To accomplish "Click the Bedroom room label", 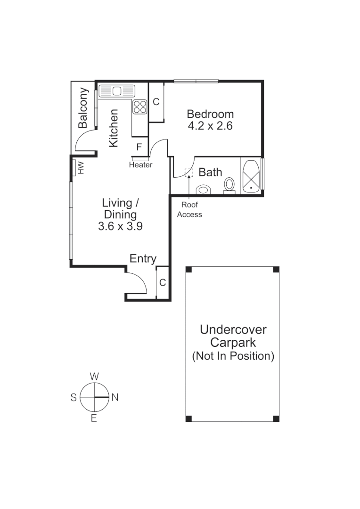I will coord(210,114).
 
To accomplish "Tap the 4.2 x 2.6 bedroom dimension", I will coord(210,126).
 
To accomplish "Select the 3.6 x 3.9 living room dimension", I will coord(120,226).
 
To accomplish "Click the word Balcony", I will coord(83,108).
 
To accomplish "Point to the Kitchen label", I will coord(114,128).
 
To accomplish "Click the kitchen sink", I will coord(116,90).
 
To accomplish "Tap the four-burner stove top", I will coord(139,107).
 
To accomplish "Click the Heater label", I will coord(140,165).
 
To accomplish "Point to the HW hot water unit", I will coord(78,167).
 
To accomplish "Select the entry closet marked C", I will coord(162,283).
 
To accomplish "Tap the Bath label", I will coord(210,172).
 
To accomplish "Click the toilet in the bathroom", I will coord(230,184).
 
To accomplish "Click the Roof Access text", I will coord(189,210).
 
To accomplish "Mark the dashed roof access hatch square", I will coord(189,172).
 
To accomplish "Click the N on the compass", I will coord(115,397).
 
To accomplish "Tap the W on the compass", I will coord(94,376).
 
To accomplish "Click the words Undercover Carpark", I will coord(233,336).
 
